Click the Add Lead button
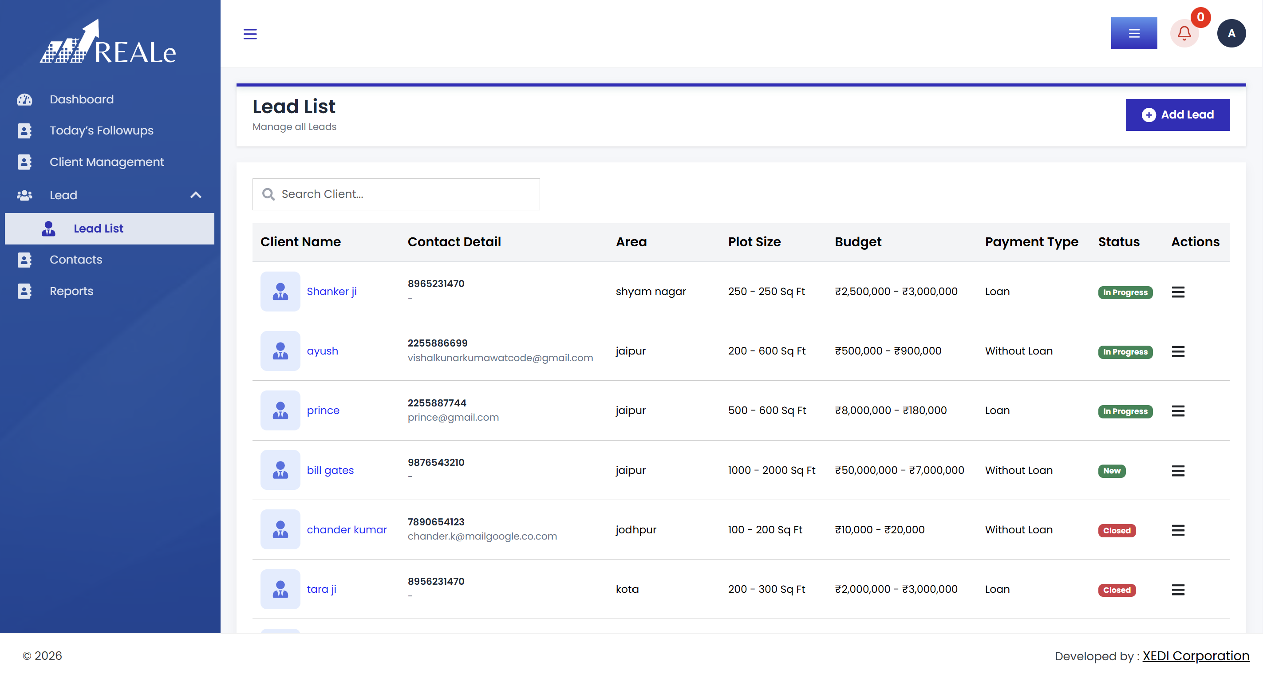click(1177, 115)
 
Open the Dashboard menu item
click(81, 99)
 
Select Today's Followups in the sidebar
click(101, 130)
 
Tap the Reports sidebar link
click(71, 291)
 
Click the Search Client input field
click(396, 194)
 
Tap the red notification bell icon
click(1184, 33)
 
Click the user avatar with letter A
click(1231, 33)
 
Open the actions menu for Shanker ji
click(1178, 292)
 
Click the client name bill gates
click(330, 470)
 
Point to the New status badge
click(1112, 471)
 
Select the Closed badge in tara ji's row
click(1117, 590)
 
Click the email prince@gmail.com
click(453, 417)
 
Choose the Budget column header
click(858, 242)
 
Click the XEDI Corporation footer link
click(1196, 656)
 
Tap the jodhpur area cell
click(636, 530)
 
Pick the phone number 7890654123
click(436, 522)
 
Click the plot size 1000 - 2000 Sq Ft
click(771, 470)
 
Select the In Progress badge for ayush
click(1125, 352)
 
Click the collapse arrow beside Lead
click(196, 195)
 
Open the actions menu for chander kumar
click(1178, 530)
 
